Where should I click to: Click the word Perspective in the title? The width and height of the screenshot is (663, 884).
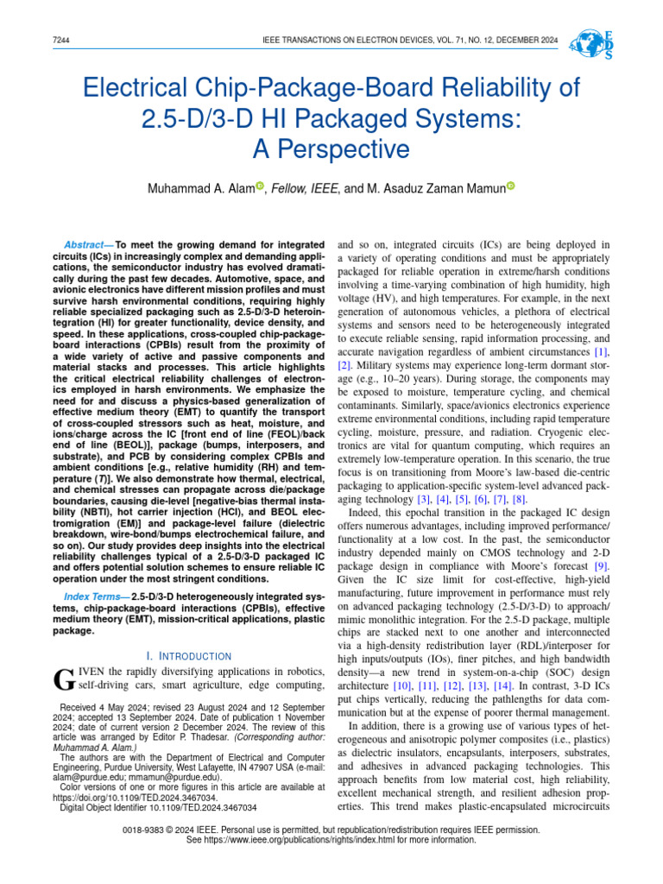(x=331, y=149)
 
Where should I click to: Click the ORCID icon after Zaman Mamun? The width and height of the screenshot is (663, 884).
(x=509, y=186)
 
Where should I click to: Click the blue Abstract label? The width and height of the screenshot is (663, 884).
(x=88, y=244)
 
